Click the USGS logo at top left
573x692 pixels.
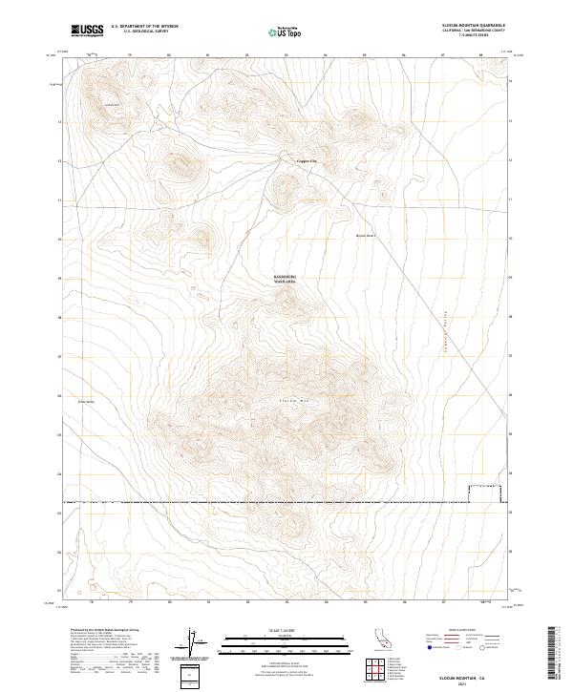(87, 31)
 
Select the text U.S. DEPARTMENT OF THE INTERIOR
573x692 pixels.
(144, 26)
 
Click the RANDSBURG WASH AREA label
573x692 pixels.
(286, 280)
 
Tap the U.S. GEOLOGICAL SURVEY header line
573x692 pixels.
(144, 31)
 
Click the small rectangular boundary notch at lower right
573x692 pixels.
(485, 493)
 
